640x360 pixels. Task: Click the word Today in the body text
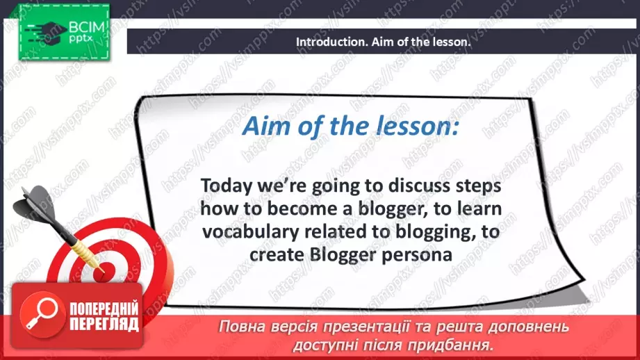[x=227, y=186]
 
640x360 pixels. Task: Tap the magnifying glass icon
[x=42, y=314]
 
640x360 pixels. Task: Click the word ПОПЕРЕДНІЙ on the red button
[x=104, y=309]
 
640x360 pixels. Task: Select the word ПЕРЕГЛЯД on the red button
[x=104, y=324]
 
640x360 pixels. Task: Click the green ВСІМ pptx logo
[x=64, y=32]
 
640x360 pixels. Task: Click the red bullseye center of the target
[x=100, y=272]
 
